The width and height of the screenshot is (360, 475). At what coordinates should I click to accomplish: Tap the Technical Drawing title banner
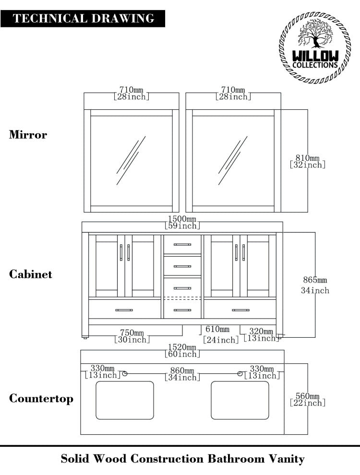84,19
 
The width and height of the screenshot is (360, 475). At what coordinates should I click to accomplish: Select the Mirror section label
28,135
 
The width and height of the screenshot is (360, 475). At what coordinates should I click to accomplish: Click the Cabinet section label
31,274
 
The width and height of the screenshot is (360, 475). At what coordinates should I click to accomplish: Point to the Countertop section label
41,399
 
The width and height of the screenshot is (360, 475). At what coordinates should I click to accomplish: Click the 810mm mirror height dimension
308,161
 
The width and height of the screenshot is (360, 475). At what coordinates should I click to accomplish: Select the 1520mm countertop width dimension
182,351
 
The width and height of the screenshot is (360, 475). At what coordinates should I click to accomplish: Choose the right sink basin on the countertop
240,400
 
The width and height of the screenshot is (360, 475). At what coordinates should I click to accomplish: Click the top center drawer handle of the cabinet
182,245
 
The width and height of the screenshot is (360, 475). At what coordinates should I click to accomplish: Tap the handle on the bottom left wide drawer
124,310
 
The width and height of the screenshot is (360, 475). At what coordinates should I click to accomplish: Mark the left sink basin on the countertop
125,400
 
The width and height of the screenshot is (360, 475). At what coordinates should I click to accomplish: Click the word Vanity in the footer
286,459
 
